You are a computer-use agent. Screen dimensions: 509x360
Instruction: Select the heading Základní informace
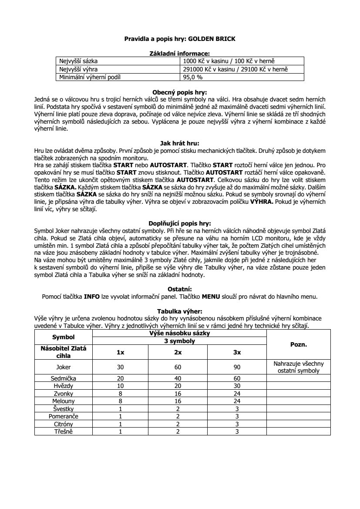coord(180,53)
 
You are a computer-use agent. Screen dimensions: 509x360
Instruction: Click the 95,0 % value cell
coord(193,77)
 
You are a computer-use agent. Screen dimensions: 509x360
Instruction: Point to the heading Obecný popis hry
coord(180,92)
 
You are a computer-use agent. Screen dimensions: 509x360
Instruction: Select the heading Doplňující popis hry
coord(180,223)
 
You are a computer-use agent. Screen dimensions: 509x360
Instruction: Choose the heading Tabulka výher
coord(180,311)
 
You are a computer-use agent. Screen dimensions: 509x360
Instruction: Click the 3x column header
coord(237,352)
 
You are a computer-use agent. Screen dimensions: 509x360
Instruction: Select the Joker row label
coord(64,367)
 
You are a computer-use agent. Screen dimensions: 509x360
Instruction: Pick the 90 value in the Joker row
coord(237,367)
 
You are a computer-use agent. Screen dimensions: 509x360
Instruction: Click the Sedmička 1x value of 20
coord(121,379)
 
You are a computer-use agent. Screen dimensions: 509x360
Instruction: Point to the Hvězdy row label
coord(64,386)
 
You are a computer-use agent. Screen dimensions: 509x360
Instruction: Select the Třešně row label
coord(64,431)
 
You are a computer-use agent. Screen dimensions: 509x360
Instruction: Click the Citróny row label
coord(64,424)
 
